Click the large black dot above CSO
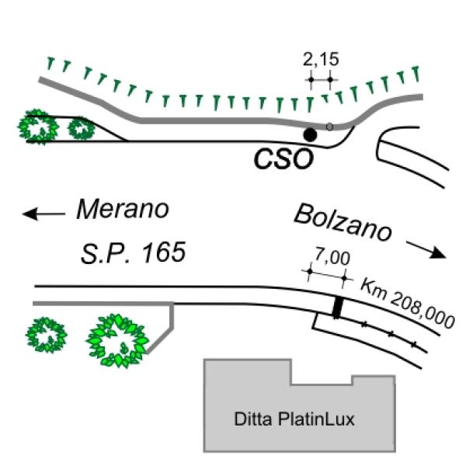click(310, 134)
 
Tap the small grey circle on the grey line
click(329, 127)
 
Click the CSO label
click(283, 159)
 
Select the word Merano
click(123, 209)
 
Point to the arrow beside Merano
click(44, 214)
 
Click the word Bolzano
click(343, 222)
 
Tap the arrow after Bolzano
click(426, 250)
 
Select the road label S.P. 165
click(133, 252)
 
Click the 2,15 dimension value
click(321, 59)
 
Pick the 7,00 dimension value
click(332, 257)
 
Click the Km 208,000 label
click(407, 304)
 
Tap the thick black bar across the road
click(338, 308)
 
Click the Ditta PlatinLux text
click(294, 419)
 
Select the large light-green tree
click(118, 341)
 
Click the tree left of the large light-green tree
click(47, 335)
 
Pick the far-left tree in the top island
click(38, 127)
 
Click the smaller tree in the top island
click(82, 128)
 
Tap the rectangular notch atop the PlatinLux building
click(322, 372)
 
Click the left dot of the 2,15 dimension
click(311, 80)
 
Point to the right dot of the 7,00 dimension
click(344, 279)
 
